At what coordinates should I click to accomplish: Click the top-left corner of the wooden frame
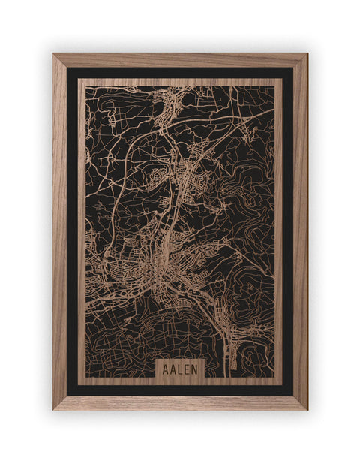[55, 56]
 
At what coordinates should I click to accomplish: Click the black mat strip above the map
[180, 72]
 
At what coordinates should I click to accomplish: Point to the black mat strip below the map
[180, 390]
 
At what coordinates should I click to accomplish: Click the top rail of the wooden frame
[180, 60]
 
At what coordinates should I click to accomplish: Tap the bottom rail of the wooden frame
[180, 402]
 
